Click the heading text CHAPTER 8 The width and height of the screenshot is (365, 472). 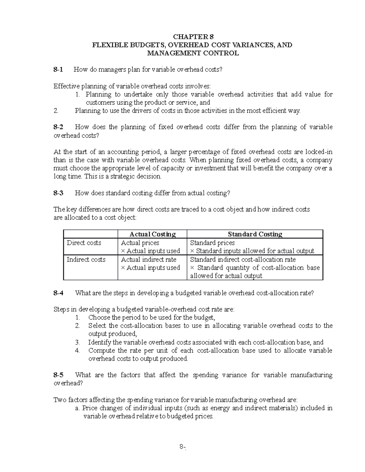[191, 37]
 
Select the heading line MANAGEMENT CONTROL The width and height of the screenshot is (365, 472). [193, 53]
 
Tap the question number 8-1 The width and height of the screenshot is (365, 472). [58, 70]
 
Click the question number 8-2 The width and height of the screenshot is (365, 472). [58, 127]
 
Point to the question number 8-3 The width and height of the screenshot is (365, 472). [58, 193]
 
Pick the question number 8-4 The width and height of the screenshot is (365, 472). [58, 293]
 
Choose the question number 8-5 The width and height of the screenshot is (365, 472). [58, 375]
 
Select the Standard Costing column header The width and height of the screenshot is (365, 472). [255, 234]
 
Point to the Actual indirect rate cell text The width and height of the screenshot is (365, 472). [148, 260]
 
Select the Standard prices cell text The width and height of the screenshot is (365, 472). [212, 243]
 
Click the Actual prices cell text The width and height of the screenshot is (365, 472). [140, 243]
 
